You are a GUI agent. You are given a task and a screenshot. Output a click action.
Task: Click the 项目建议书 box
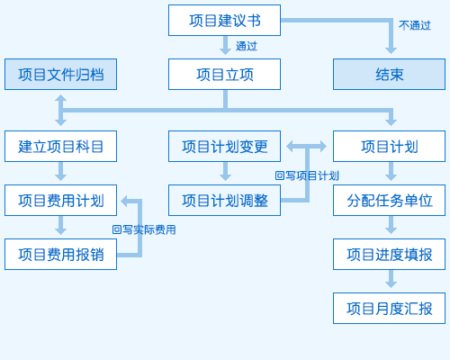224,20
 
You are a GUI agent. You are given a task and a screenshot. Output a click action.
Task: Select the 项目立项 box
224,74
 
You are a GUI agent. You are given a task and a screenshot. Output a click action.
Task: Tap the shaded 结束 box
389,74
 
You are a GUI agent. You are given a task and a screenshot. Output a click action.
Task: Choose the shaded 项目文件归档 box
60,74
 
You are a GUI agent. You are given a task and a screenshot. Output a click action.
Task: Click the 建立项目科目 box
60,146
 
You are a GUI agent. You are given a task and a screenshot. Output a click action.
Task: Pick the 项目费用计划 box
60,200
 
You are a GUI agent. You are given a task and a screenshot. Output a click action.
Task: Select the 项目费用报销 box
60,254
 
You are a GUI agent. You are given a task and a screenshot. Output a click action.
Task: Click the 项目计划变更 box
224,146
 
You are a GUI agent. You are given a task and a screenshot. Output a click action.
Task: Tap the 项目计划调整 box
224,200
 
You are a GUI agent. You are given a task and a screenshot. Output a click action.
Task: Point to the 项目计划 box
389,146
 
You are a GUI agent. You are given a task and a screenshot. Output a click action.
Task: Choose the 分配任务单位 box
389,200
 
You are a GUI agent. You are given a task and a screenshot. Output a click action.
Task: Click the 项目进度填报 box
389,254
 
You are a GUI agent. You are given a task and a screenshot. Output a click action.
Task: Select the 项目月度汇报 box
389,308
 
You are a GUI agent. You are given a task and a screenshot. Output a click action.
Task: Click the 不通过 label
415,25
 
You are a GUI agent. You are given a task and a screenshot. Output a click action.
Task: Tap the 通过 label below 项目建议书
247,46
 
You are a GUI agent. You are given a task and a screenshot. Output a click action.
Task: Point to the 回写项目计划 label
307,175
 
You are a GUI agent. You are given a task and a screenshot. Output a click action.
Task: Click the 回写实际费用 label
144,229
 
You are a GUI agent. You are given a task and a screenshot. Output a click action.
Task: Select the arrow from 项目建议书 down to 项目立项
225,45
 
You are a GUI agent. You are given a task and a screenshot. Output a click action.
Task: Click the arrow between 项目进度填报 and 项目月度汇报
391,279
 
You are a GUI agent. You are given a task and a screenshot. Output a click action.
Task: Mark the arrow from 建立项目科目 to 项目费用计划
60,171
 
